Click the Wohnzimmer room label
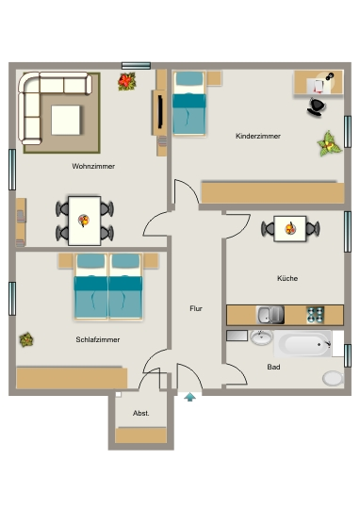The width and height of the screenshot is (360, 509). pos(93,166)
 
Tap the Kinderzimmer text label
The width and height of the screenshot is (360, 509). pos(258,136)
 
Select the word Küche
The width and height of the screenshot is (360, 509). pos(287,278)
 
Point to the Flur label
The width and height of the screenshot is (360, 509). pos(196,308)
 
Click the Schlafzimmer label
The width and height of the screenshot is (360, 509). pos(98,339)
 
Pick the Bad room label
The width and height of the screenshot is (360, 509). pos(273,367)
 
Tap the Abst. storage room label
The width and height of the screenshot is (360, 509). pos(140,413)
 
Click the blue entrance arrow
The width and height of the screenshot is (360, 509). pos(190,397)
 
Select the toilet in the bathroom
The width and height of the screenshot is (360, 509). pos(333,378)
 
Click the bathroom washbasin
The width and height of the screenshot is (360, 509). pos(261,337)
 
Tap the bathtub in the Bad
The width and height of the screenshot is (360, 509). pos(303,344)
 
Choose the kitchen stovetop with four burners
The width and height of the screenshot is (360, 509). pos(315,315)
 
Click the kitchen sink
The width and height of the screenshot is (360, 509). pos(270,315)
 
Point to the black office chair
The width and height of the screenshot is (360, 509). pos(316,107)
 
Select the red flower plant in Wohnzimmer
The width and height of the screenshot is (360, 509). pos(126,81)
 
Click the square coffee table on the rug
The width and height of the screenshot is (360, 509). pos(66,120)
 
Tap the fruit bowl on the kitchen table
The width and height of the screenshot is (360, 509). pos(290,228)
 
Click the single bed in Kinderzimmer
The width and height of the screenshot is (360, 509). pos(189,104)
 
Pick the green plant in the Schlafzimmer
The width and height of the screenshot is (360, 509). pos(26,339)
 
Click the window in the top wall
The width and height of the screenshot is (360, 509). pos(136,66)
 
